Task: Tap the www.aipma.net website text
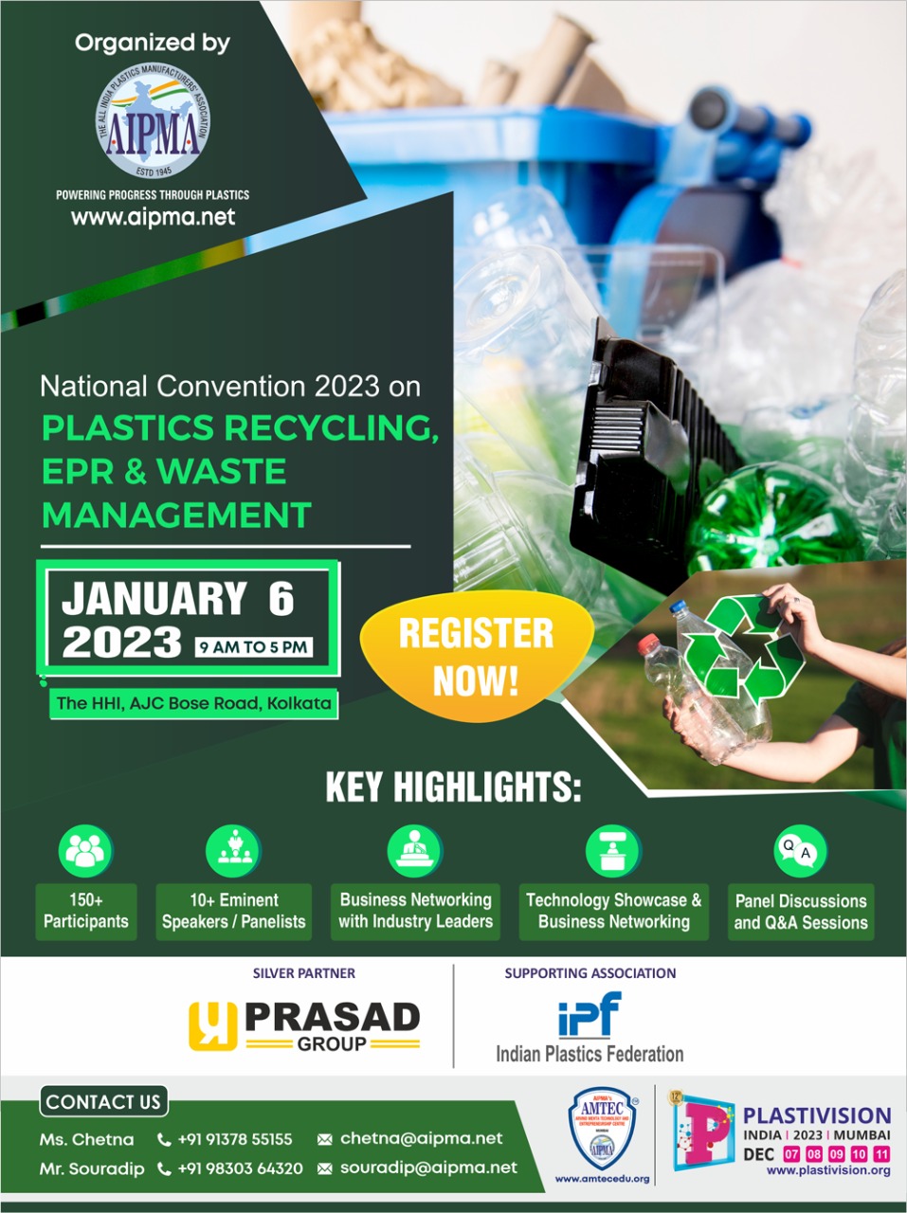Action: pyautogui.click(x=153, y=217)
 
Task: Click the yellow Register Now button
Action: pyautogui.click(x=476, y=656)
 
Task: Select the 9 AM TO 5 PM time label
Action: pyautogui.click(x=254, y=647)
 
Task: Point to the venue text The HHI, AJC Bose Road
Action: pyautogui.click(x=194, y=703)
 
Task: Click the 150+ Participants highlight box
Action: pyautogui.click(x=85, y=911)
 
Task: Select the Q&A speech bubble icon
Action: pyautogui.click(x=800, y=850)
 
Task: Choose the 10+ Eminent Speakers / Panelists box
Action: pyautogui.click(x=233, y=911)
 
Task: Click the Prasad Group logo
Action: pyautogui.click(x=304, y=1026)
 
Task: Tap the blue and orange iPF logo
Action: pyautogui.click(x=590, y=1016)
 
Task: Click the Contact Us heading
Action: pyautogui.click(x=103, y=1101)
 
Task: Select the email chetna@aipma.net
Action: pyautogui.click(x=421, y=1138)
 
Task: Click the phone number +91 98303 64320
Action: pyautogui.click(x=240, y=1168)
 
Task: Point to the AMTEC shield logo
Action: pyautogui.click(x=602, y=1128)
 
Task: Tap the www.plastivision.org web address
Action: pyautogui.click(x=827, y=1170)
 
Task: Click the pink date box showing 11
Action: pyautogui.click(x=881, y=1153)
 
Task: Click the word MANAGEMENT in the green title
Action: pyautogui.click(x=177, y=515)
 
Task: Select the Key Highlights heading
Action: pyautogui.click(x=453, y=788)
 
